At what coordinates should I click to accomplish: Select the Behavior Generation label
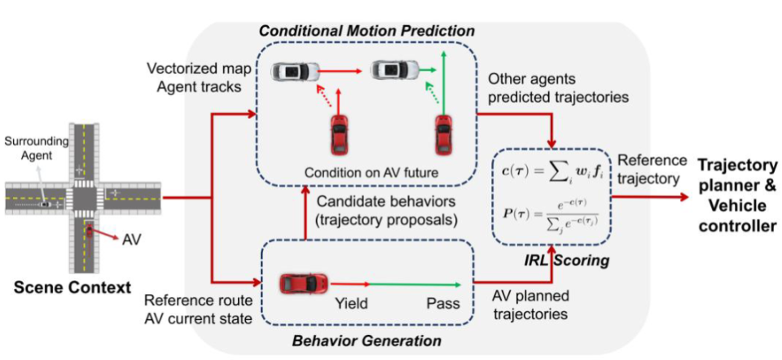tap(367, 340)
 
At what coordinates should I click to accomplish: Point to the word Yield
tap(353, 304)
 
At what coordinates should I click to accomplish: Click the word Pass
tap(443, 304)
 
